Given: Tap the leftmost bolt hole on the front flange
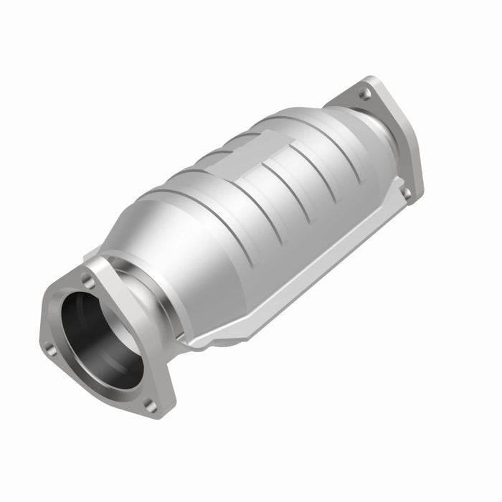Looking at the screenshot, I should coord(49,349).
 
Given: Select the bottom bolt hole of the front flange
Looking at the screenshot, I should coord(151,406).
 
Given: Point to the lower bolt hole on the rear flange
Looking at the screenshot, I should coord(407,192).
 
